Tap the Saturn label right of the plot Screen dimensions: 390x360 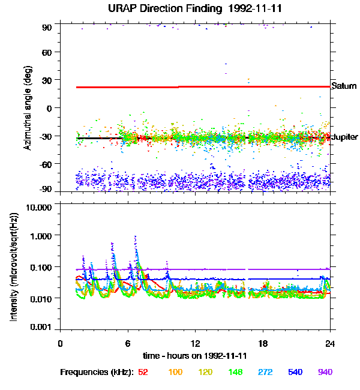point(344,86)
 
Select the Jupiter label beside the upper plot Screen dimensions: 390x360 point(345,137)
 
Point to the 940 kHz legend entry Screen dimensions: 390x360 point(325,372)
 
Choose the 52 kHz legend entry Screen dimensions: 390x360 point(143,372)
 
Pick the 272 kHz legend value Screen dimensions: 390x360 point(265,372)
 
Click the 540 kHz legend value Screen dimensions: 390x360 point(295,372)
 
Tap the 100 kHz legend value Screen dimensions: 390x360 point(175,372)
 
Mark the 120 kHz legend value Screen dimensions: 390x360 point(205,372)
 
